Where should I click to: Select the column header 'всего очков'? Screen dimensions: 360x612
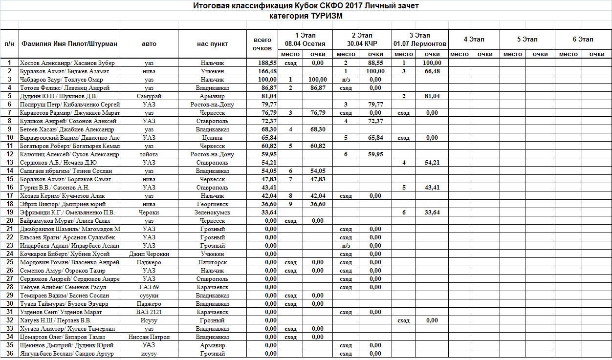point(262,44)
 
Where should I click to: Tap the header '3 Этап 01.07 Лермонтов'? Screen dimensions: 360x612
point(419,39)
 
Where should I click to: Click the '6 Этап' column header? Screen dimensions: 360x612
point(583,39)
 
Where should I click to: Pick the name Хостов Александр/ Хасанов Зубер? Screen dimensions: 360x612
point(67,63)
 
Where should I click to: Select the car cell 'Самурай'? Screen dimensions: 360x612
point(149,96)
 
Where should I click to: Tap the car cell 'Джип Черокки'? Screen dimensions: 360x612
point(149,254)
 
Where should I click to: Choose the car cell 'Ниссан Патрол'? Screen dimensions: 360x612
point(149,337)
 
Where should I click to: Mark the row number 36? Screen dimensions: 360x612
point(9,354)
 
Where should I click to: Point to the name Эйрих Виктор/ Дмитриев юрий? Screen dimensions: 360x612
point(63,204)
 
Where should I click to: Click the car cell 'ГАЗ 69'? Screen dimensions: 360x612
point(149,287)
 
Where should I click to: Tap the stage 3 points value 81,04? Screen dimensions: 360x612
point(432,96)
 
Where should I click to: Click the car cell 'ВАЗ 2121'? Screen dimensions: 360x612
point(149,312)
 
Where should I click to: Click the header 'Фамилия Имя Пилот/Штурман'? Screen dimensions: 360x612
point(69,44)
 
